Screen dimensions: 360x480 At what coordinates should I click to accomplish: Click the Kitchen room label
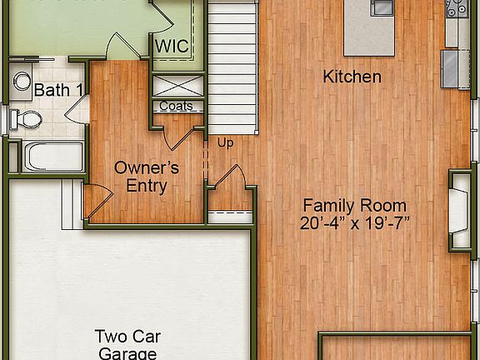(x=352, y=77)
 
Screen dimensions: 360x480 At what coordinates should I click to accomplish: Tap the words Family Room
(x=354, y=205)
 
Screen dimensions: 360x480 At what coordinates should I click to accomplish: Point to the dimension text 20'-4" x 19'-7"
(x=355, y=222)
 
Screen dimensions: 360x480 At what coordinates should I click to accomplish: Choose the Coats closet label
(x=176, y=106)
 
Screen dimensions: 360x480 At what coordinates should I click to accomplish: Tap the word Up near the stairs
(x=225, y=142)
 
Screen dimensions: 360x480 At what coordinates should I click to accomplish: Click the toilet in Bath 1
(x=27, y=119)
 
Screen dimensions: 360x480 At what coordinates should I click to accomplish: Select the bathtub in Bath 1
(x=52, y=157)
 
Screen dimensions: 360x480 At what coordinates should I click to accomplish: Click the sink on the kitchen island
(x=382, y=7)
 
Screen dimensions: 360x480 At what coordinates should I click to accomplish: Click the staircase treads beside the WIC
(x=232, y=67)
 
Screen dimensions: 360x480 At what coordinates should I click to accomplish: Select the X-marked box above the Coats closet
(x=176, y=86)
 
